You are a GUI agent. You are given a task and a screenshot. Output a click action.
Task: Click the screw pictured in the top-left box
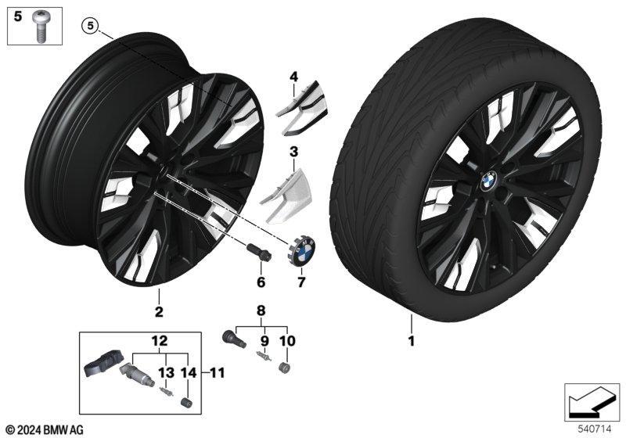tap(41, 26)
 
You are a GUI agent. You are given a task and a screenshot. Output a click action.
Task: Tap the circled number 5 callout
tap(90, 26)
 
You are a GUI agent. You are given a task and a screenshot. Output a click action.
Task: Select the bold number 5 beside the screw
tap(18, 16)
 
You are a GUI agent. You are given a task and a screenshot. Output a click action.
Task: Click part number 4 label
tap(294, 76)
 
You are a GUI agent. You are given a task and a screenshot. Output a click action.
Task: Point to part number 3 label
tap(294, 152)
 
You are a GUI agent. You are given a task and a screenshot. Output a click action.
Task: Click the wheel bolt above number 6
tap(259, 253)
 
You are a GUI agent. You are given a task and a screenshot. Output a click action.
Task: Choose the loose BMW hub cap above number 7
tap(301, 250)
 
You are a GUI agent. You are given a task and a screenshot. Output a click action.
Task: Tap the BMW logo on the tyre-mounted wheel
tap(488, 181)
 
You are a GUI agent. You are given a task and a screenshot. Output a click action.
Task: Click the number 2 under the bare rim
tap(159, 311)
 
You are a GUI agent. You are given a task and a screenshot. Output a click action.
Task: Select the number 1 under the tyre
tap(412, 341)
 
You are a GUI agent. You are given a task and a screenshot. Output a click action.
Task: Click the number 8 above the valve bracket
tap(261, 311)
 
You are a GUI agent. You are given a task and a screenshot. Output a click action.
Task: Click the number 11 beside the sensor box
tap(217, 373)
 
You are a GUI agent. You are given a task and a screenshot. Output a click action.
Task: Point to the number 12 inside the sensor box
tap(160, 342)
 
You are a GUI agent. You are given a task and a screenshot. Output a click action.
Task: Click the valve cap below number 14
tap(187, 402)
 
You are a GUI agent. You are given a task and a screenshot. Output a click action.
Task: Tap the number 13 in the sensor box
tap(166, 373)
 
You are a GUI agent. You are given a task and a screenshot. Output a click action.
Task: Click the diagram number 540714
tap(595, 429)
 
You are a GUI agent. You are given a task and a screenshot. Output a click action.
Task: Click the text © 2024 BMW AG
tap(45, 429)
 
